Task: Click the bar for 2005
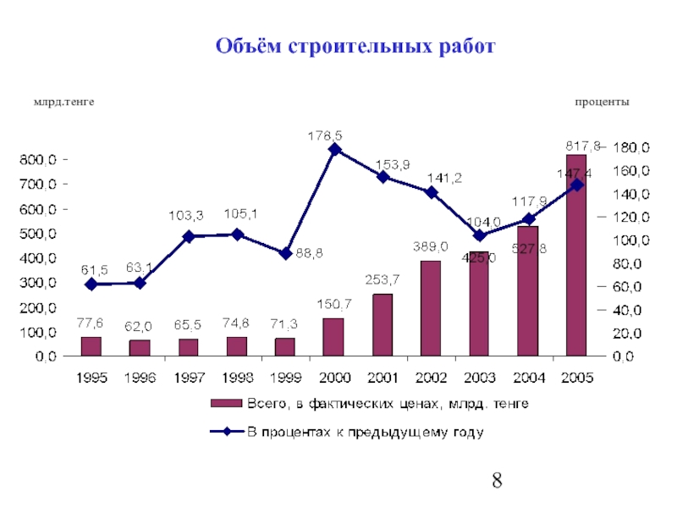[x=575, y=254]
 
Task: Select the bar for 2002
[x=430, y=308]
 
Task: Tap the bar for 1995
[x=91, y=346]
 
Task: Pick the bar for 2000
[x=333, y=337]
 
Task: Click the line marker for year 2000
[x=333, y=150]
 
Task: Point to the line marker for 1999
[x=285, y=253]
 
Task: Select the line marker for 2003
[x=479, y=235]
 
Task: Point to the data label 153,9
[x=392, y=164]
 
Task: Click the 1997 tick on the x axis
[x=188, y=378]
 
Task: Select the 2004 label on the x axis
[x=527, y=378]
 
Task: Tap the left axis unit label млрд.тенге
[x=63, y=102]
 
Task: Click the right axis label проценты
[x=602, y=102]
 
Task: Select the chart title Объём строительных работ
[x=354, y=46]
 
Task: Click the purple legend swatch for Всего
[x=226, y=403]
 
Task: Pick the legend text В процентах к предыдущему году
[x=365, y=433]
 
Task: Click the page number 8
[x=497, y=483]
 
